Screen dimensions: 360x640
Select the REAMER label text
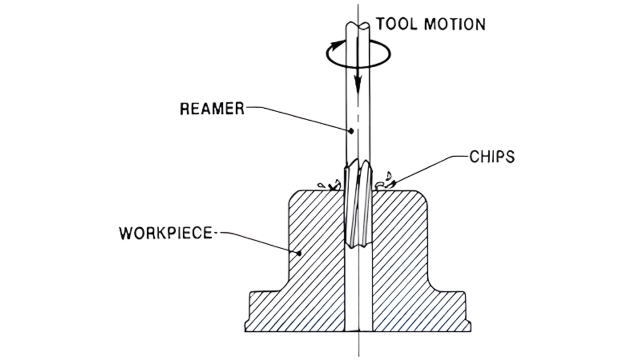(212, 108)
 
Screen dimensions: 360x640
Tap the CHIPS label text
(491, 157)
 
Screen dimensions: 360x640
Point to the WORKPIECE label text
(165, 233)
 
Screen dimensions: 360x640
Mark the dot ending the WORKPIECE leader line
(299, 253)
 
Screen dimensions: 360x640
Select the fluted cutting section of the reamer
(358, 205)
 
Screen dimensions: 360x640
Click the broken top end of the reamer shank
(358, 25)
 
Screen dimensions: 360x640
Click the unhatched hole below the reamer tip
(358, 290)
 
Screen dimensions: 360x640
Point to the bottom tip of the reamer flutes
(358, 245)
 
